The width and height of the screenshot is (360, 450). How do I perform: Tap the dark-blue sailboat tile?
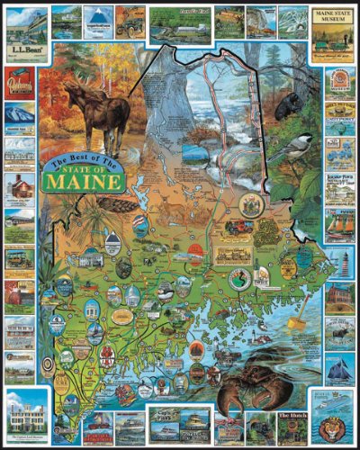point(339,367)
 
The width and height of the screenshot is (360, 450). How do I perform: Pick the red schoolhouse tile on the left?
point(20,188)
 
